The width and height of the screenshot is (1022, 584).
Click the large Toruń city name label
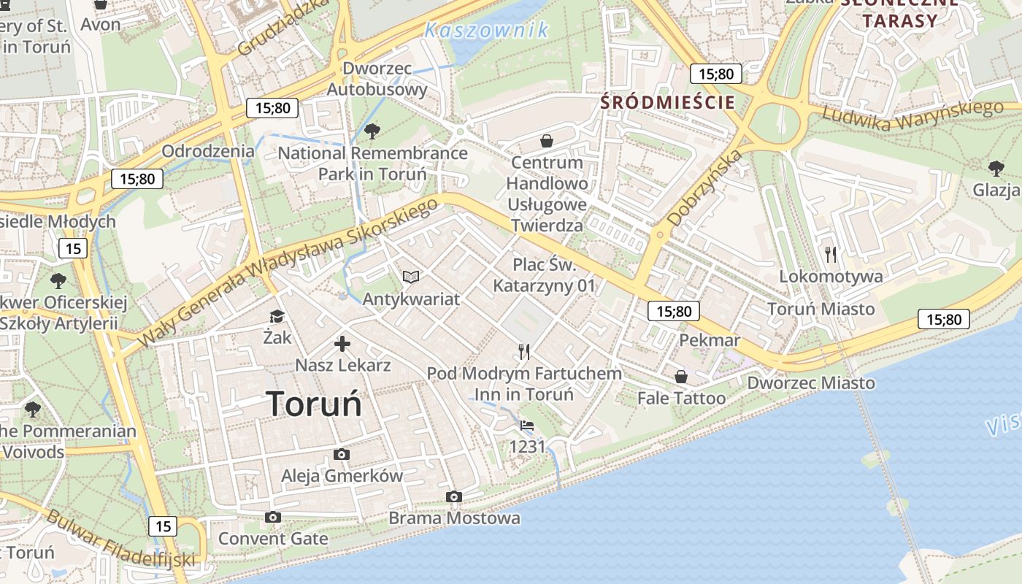[314, 404]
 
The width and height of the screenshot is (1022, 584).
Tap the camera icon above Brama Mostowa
[454, 497]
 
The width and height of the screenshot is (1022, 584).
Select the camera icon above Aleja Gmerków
[341, 454]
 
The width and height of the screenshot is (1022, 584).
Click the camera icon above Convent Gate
[273, 517]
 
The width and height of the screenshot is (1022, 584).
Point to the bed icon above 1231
[526, 425]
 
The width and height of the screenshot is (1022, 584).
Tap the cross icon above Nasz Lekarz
[342, 344]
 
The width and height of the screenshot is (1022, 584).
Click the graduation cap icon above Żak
[277, 316]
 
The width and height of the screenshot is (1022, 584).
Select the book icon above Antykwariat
[411, 277]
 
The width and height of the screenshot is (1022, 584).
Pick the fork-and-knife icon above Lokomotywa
[831, 255]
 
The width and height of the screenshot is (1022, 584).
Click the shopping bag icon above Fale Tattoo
[681, 377]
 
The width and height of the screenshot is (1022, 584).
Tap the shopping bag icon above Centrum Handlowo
[547, 140]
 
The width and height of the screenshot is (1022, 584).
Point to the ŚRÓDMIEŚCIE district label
[667, 102]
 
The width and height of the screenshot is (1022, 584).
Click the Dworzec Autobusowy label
[377, 79]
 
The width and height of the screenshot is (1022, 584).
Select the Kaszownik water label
[486, 30]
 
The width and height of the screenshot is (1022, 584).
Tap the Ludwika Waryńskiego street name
[912, 115]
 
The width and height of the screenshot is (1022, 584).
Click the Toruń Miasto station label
[821, 309]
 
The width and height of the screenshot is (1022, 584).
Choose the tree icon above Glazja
[996, 169]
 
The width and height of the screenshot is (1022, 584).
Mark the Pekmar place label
[710, 340]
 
